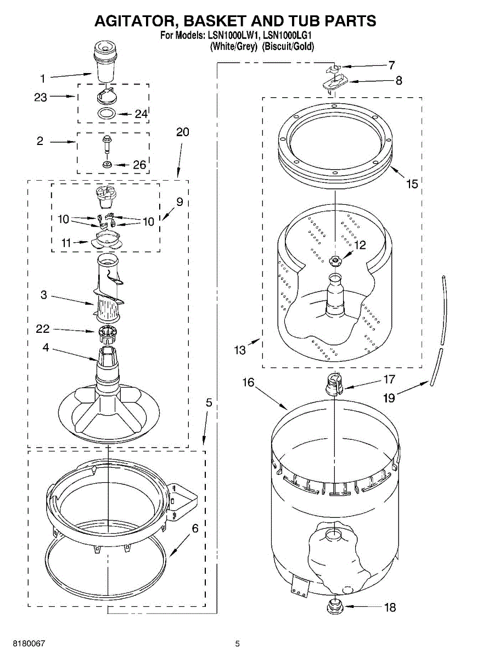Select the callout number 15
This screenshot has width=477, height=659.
412,185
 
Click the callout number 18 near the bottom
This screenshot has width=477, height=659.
390,608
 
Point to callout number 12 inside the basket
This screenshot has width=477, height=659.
360,245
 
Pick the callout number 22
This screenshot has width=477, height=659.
42,329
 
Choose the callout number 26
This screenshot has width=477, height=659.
139,165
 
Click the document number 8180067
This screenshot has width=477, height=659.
24,643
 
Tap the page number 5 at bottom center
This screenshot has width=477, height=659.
238,643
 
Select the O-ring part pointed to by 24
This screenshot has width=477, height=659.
106,114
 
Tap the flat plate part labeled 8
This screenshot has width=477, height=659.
333,83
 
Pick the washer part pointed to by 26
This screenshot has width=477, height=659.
108,165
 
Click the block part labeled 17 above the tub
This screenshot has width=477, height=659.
334,382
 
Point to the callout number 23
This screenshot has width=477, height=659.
41,97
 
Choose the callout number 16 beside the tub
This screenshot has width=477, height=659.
249,382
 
